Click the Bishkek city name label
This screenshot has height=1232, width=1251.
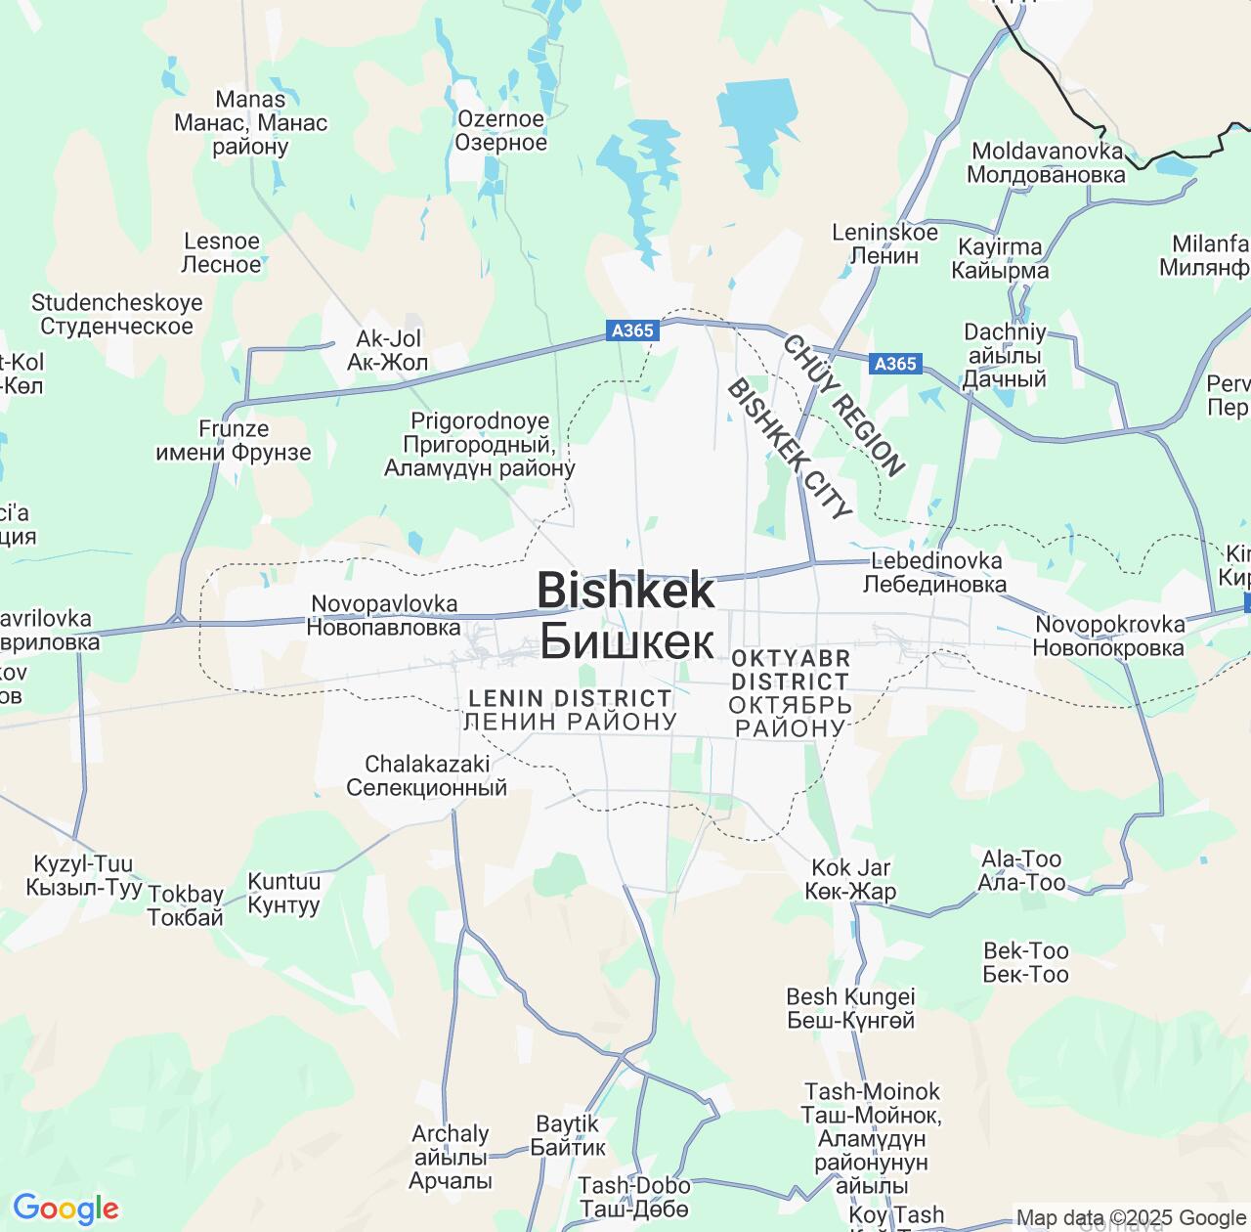point(626,616)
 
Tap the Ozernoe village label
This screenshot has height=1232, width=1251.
point(500,131)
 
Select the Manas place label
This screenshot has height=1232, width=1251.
point(250,123)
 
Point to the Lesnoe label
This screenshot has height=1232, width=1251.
point(222,252)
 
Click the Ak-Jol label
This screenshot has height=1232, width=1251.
point(388,351)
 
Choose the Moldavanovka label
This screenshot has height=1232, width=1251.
point(1047,163)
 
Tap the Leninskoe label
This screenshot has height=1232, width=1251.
point(884,243)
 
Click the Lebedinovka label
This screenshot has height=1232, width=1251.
point(935,572)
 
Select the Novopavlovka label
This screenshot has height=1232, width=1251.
point(383,616)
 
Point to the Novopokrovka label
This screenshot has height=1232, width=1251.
point(1108,636)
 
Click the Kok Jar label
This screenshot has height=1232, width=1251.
point(850,879)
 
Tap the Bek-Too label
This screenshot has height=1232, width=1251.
point(1025,962)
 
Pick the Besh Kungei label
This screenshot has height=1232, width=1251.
point(850,1008)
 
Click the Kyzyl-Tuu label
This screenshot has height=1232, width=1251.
point(83,876)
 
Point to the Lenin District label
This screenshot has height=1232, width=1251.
point(570,710)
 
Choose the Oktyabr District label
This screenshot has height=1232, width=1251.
point(790,692)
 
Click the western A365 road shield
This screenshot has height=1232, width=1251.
point(631,330)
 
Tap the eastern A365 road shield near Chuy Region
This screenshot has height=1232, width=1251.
point(895,364)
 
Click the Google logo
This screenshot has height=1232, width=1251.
point(65,1209)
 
